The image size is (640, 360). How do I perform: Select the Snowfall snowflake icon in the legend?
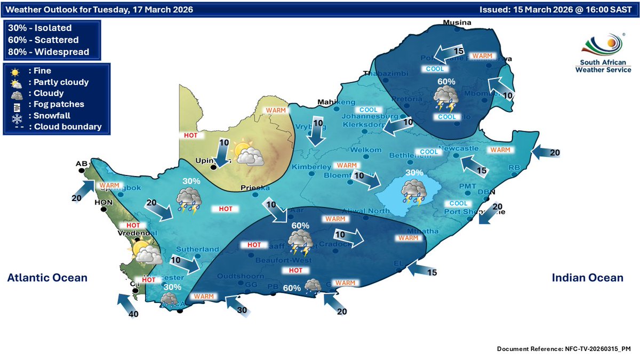[17, 115]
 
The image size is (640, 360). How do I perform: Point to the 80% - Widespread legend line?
[49, 52]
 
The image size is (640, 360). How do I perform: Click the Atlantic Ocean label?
[47, 278]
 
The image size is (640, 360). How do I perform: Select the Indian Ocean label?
[587, 278]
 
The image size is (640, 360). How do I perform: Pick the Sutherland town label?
[198, 249]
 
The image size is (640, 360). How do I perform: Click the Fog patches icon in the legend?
[17, 104]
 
